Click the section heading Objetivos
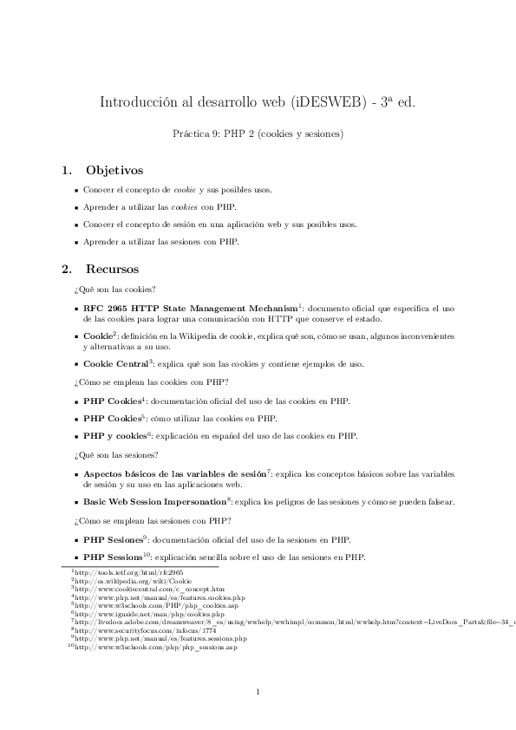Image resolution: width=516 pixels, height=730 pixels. click(x=114, y=171)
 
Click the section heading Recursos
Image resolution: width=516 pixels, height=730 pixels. click(x=112, y=270)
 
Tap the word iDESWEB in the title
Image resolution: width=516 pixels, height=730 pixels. click(x=321, y=101)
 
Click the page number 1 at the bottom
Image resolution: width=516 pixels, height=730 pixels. click(x=258, y=691)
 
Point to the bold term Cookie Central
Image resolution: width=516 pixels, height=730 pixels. click(x=115, y=364)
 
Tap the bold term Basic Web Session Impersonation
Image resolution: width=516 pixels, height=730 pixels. click(x=154, y=502)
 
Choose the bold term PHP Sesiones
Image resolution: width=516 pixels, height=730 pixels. click(x=114, y=539)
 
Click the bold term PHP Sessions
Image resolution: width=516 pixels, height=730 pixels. click(x=113, y=557)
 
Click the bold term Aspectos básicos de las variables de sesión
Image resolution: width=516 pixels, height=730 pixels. click(x=174, y=474)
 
